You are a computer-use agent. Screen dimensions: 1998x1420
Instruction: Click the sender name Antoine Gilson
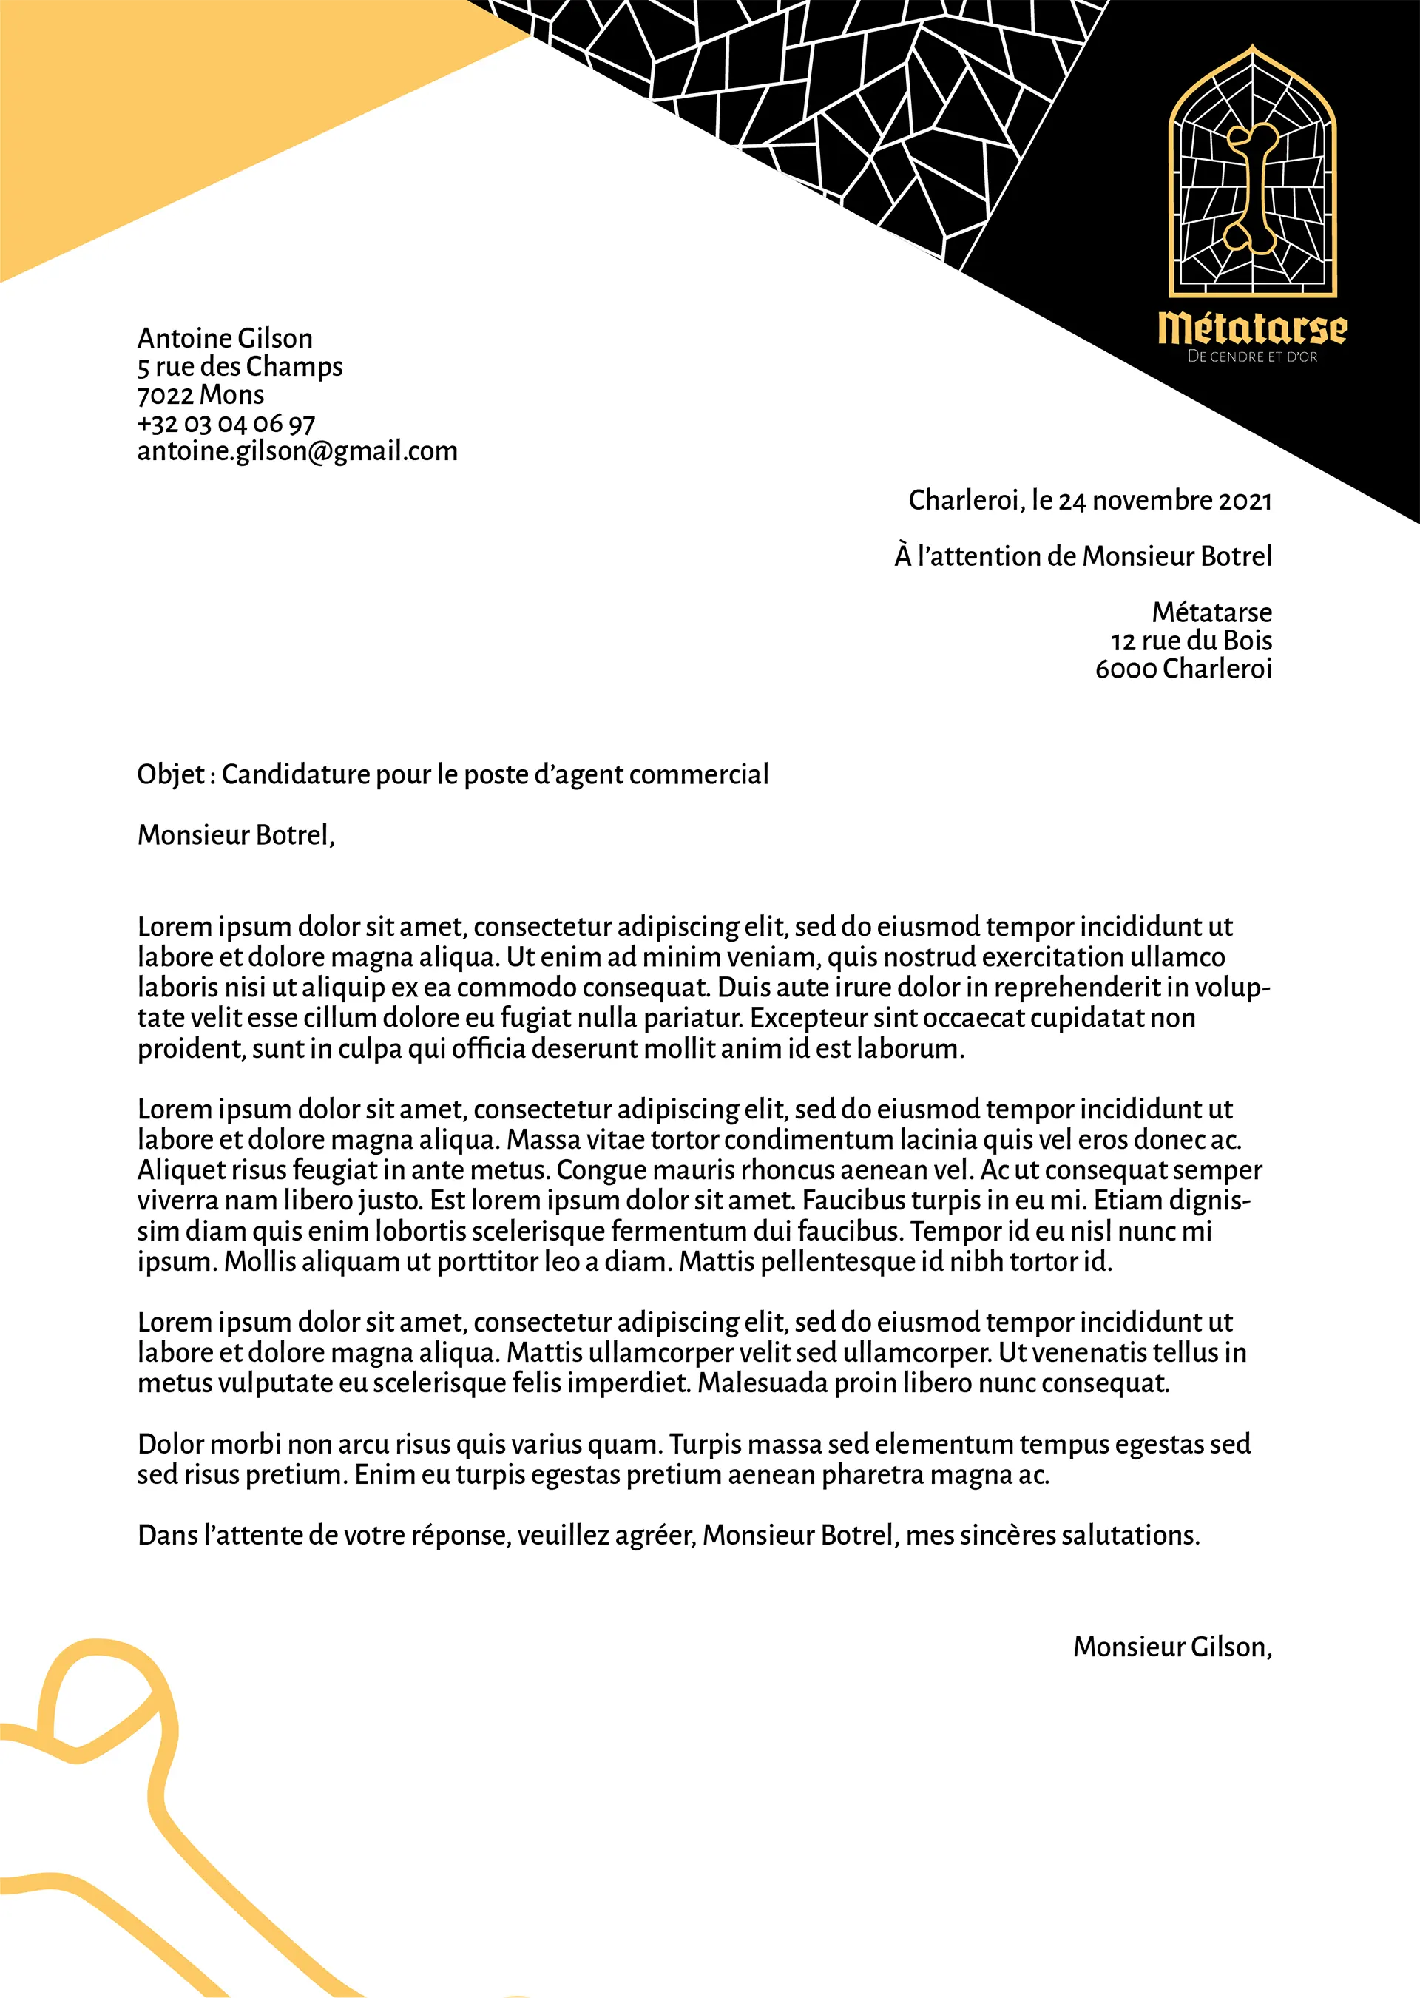[225, 338]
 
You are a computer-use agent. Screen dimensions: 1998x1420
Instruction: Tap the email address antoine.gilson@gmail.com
[297, 451]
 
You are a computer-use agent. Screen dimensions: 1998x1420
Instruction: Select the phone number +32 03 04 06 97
[226, 424]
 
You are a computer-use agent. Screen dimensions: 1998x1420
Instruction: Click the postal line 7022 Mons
[200, 395]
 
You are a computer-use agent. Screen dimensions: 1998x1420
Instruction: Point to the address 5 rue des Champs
[240, 366]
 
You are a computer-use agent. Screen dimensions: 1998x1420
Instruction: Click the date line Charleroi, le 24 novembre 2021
[1089, 500]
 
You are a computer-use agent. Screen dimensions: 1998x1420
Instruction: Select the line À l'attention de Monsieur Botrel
[1083, 556]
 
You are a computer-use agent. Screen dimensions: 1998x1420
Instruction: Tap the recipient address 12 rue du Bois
[1191, 641]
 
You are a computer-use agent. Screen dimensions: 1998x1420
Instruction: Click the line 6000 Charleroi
[1183, 669]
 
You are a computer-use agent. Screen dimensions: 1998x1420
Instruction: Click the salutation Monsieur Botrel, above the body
[236, 835]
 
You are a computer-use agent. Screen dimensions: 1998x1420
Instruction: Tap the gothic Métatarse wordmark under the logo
[1252, 328]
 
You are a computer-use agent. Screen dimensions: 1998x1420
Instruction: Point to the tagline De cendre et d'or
[1252, 357]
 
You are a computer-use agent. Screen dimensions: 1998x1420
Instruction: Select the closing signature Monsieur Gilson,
[1171, 1647]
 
